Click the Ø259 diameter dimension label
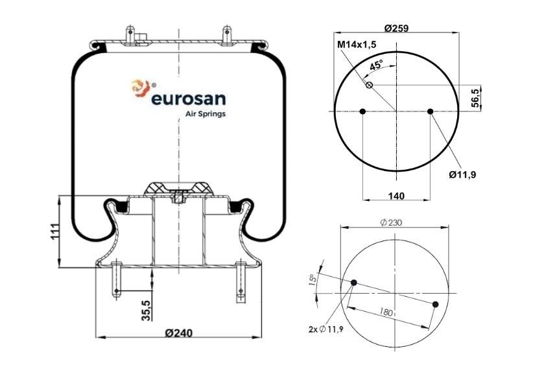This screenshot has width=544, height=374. tap(396, 28)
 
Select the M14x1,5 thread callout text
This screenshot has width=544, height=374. tap(357, 45)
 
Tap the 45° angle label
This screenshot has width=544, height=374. tap(376, 65)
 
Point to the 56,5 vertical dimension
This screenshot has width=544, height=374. tap(476, 97)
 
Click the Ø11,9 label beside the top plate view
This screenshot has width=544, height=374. tap(462, 175)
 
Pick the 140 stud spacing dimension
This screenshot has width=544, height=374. tap(396, 196)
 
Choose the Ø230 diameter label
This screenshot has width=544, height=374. tap(391, 222)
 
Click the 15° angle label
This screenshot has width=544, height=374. tap(313, 279)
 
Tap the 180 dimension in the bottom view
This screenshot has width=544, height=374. tap(385, 312)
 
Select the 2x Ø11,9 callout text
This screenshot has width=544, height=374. tap(325, 329)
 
